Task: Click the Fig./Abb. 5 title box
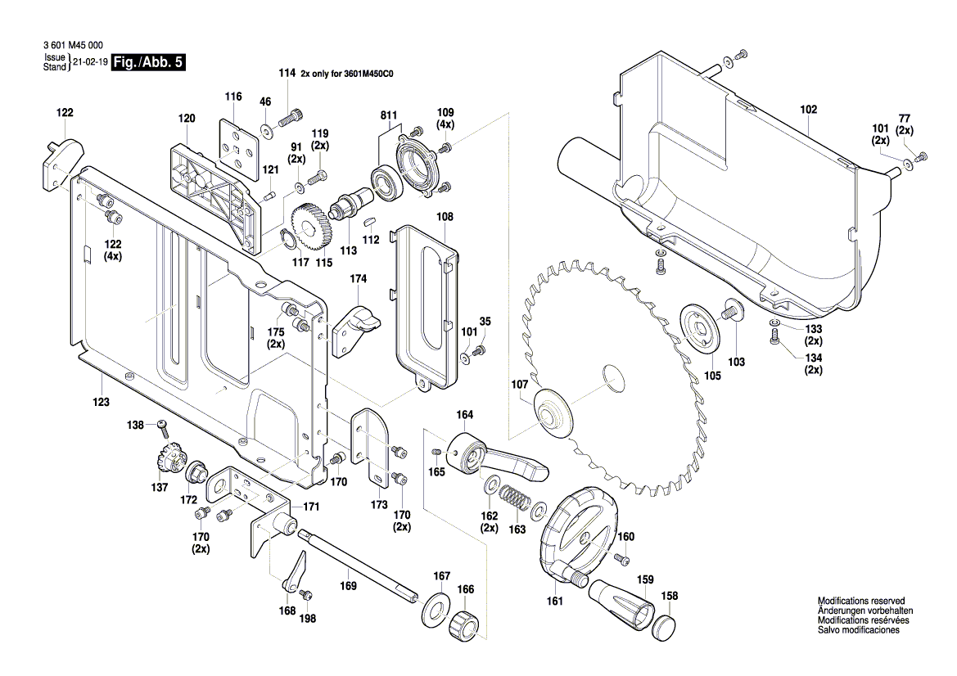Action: [x=147, y=63]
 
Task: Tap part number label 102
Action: [x=808, y=109]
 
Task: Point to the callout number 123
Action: [x=101, y=402]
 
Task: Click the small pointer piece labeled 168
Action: [x=293, y=573]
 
